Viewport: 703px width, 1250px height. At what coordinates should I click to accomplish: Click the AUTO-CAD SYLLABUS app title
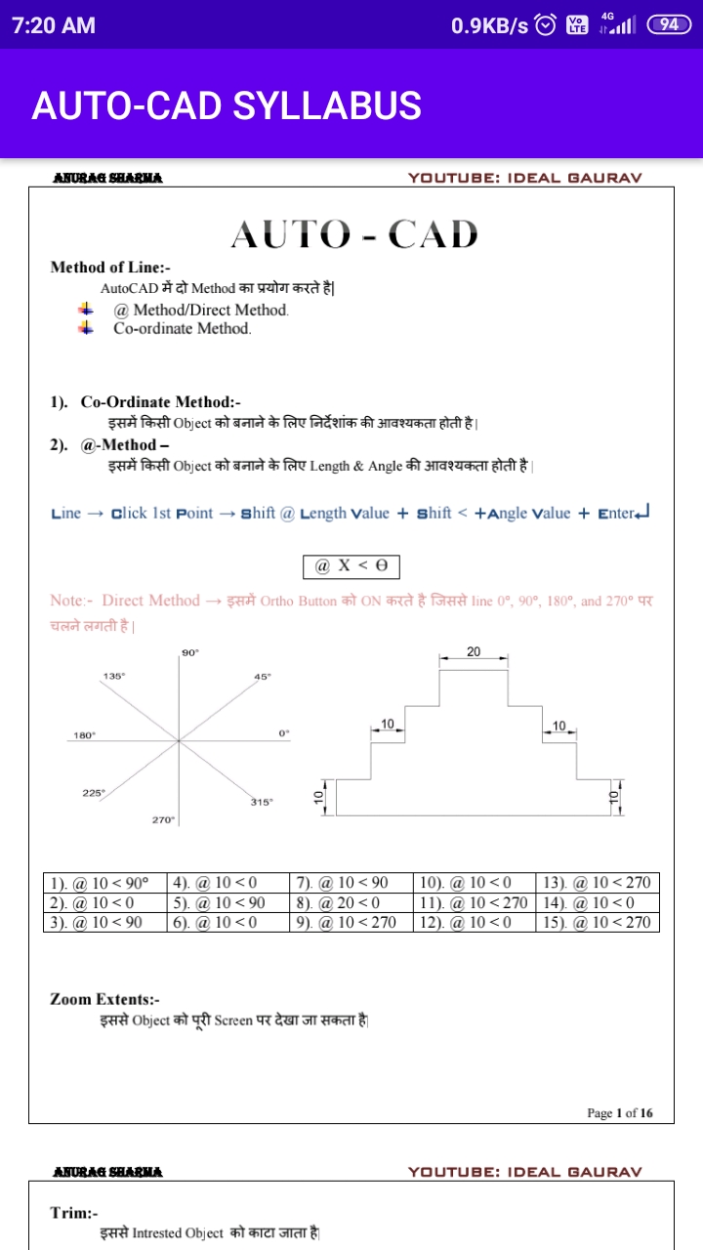[227, 105]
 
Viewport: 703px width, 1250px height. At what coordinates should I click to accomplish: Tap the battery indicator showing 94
[669, 25]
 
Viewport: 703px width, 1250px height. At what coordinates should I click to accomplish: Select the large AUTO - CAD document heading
[354, 234]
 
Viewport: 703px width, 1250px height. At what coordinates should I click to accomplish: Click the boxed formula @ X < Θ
[351, 566]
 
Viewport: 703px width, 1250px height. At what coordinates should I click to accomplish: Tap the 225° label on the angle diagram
[93, 793]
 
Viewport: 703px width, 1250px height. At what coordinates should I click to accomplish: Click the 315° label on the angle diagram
[261, 802]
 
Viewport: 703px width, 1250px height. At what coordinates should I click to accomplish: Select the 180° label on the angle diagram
[85, 735]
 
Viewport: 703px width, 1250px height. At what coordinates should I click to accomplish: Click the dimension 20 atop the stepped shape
[474, 651]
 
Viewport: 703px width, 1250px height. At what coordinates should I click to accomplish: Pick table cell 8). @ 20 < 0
[351, 903]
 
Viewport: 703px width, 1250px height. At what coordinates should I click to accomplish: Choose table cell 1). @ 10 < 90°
[104, 884]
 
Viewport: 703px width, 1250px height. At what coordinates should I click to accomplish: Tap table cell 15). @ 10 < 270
[597, 923]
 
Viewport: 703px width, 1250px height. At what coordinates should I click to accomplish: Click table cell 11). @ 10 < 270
[474, 903]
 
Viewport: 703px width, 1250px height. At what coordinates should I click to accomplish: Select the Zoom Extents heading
[104, 999]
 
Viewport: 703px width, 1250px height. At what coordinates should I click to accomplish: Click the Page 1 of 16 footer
[620, 1112]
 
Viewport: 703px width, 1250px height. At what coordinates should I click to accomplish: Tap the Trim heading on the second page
[74, 1212]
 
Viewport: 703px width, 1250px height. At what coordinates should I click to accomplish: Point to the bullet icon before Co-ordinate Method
[87, 328]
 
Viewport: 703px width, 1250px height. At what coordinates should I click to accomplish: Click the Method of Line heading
[110, 268]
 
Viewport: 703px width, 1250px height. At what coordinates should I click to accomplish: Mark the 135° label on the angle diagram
[114, 676]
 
